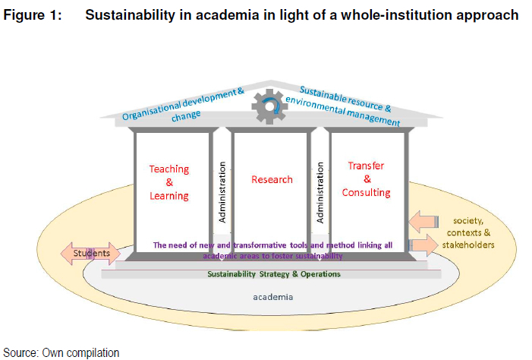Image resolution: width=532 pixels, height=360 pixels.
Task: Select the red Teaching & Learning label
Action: coord(168,182)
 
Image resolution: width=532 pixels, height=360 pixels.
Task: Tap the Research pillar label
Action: coord(272,180)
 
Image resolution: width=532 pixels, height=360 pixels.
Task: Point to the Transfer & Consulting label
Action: coord(367,179)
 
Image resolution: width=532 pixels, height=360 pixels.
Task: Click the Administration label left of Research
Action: coord(222,190)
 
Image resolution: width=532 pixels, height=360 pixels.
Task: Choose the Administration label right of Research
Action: coord(320,190)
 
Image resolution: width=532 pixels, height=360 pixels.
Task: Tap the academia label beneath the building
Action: coord(272,297)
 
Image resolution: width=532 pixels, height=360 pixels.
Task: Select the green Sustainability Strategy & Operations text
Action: coord(274,274)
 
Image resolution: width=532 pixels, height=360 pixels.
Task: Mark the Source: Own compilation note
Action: coord(61,352)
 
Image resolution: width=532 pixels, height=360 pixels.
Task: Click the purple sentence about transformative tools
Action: coord(273,251)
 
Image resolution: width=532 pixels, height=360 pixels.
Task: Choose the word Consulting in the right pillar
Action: coord(367,193)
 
